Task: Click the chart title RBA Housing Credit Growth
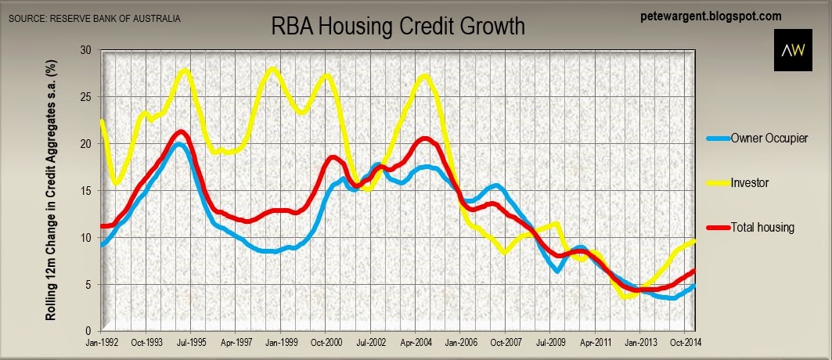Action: (398, 26)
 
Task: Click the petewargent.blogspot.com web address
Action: (711, 16)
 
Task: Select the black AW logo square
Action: (793, 50)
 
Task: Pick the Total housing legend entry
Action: (751, 228)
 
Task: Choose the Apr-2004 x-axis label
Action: (416, 343)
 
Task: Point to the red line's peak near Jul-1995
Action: (182, 131)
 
